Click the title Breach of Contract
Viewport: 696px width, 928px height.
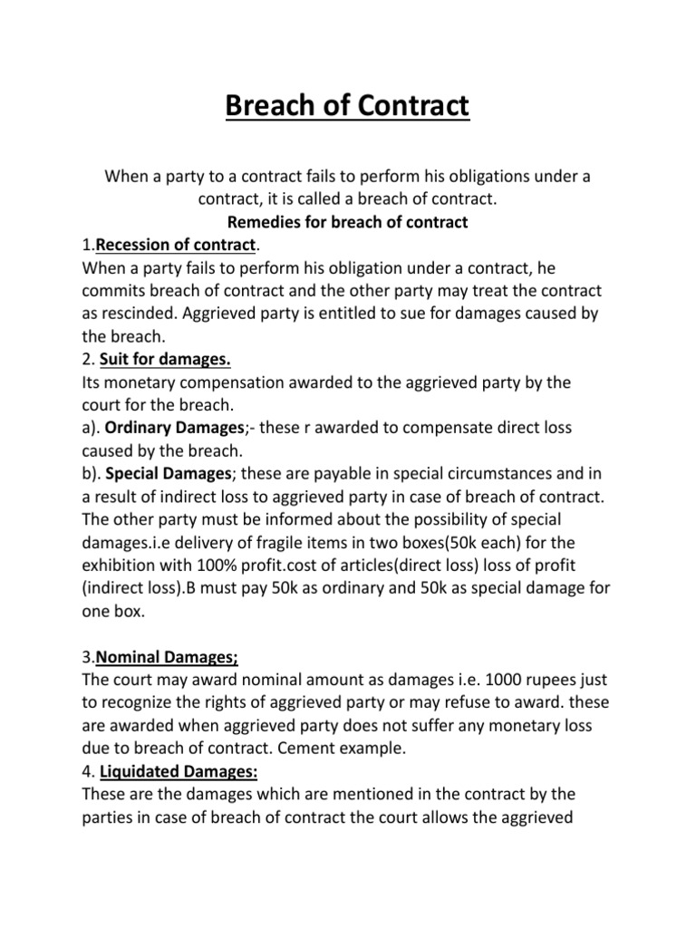pyautogui.click(x=348, y=107)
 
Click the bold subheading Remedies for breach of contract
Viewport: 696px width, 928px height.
pyautogui.click(x=348, y=222)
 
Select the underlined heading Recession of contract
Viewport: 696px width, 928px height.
pyautogui.click(x=177, y=245)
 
